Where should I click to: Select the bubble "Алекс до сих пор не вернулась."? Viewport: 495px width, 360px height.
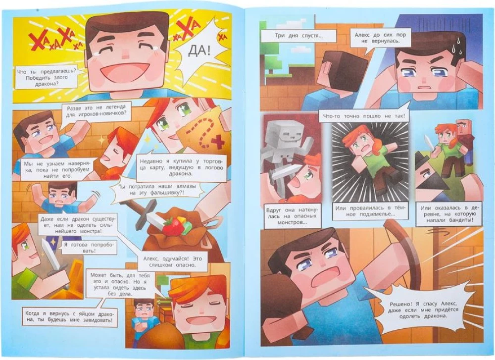point(380,38)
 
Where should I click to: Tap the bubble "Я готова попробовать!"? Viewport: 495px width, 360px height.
point(88,248)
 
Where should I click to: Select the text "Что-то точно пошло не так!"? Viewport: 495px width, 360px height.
point(363,116)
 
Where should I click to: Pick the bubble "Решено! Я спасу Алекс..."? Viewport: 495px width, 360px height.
point(419,310)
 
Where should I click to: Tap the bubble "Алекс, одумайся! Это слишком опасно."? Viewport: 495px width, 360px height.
point(172,262)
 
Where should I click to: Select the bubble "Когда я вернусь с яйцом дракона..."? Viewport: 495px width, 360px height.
point(69,317)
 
